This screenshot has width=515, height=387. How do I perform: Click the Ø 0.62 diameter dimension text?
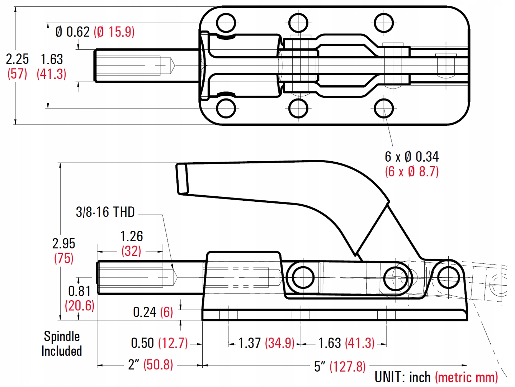tap(72, 32)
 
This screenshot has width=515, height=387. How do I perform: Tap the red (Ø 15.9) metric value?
tap(114, 32)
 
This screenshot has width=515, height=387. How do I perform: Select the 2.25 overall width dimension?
tap(17, 59)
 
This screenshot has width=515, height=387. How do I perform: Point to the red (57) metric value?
tap(17, 74)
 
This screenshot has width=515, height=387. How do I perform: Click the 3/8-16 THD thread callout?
tap(105, 212)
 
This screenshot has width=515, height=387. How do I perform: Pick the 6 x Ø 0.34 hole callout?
tap(411, 157)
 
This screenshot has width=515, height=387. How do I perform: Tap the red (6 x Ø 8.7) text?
tap(412, 172)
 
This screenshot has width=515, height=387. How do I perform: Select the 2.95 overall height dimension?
tap(63, 244)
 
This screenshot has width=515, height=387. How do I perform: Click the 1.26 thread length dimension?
tap(131, 236)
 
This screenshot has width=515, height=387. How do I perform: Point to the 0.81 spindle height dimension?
tap(79, 291)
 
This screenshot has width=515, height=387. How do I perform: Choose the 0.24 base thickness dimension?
tap(145, 312)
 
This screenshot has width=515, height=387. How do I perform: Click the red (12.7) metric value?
tap(173, 343)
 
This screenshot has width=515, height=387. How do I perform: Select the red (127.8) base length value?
tap(348, 367)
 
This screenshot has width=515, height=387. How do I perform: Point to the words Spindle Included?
tap(62, 344)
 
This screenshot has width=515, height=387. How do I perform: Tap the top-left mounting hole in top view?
tap(226, 22)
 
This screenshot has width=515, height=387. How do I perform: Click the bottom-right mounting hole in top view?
tap(384, 108)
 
